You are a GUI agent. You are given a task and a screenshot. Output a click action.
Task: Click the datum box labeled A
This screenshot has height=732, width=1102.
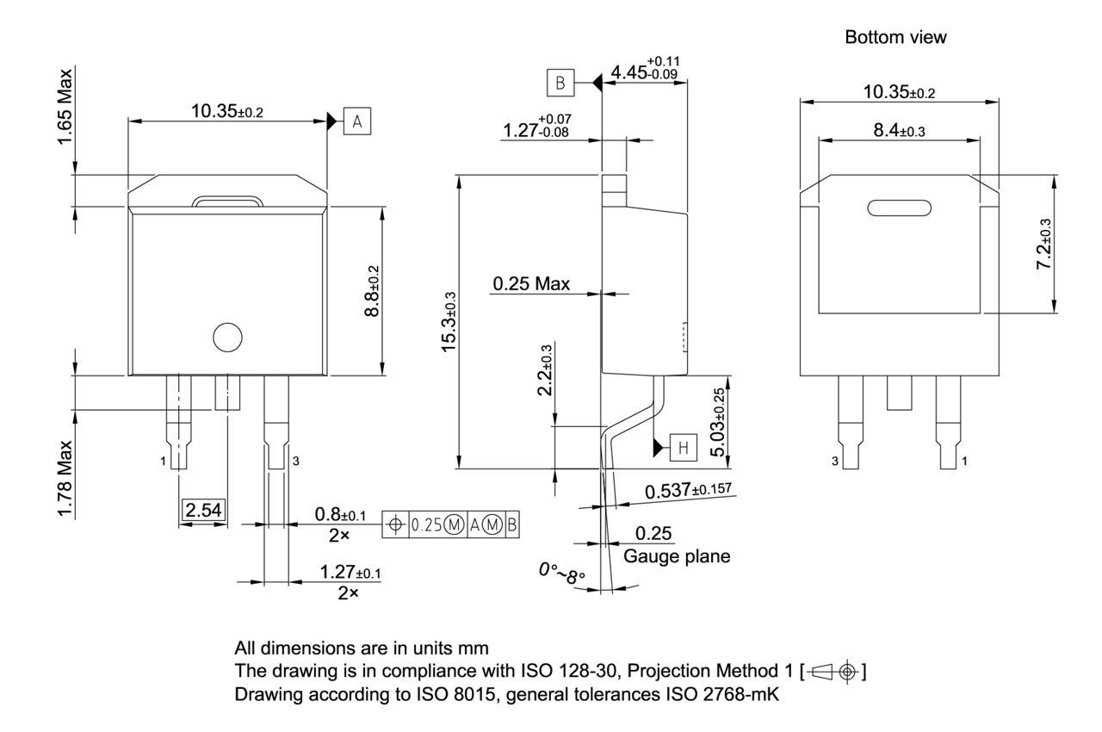tap(357, 122)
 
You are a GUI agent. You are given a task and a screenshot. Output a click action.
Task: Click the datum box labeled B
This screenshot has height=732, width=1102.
tap(560, 83)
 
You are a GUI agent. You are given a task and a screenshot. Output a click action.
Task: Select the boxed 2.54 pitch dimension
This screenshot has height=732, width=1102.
tap(203, 511)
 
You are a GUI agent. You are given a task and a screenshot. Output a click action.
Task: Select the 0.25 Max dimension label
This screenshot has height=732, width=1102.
tap(531, 284)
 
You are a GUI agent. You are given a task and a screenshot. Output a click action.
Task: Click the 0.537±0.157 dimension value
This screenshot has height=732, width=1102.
tap(688, 491)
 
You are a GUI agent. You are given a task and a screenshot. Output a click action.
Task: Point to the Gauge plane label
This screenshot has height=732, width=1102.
tap(677, 556)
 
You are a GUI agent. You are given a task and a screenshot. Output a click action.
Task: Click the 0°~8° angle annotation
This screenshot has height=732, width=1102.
tap(561, 574)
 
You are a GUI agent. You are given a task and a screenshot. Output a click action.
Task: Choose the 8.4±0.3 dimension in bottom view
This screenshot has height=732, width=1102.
tap(900, 131)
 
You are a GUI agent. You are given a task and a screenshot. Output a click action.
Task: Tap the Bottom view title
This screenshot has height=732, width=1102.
tap(896, 38)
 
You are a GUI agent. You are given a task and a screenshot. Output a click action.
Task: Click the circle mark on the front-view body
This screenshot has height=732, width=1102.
tap(227, 337)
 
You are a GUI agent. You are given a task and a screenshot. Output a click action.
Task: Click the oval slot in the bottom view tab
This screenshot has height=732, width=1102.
tap(900, 208)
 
